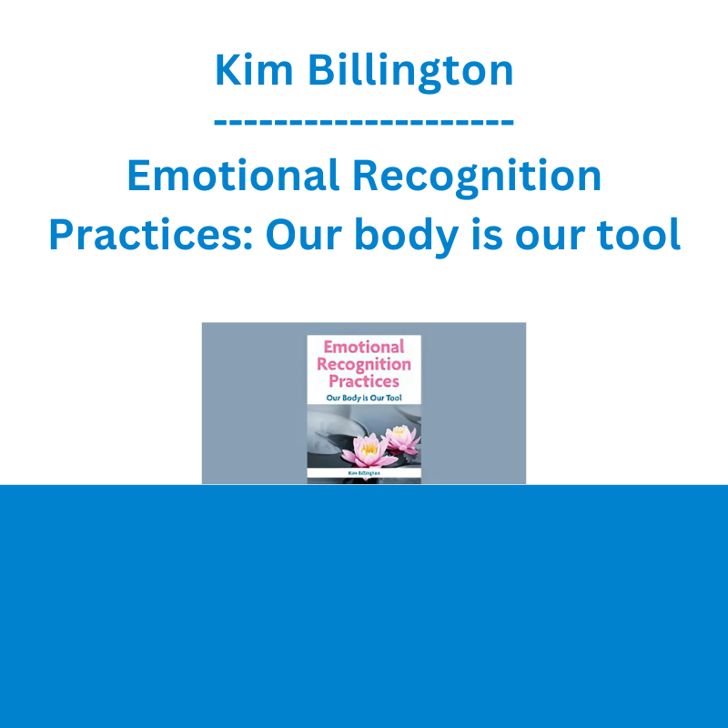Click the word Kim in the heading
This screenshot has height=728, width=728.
coord(254,70)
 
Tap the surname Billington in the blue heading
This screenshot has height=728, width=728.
coord(411,72)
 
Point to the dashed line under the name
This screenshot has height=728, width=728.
coord(364,123)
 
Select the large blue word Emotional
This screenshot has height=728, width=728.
coord(233,176)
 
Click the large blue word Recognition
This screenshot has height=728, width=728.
coord(477,178)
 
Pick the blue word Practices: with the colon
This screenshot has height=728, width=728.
coord(151,235)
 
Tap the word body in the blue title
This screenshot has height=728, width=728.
coord(407,237)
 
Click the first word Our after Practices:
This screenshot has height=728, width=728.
coord(304,235)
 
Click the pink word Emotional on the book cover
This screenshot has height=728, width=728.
coord(364,347)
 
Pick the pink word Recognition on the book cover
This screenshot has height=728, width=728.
coord(364,365)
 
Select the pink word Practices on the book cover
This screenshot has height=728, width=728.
coord(364,381)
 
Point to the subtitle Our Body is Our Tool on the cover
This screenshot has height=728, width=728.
coord(364,398)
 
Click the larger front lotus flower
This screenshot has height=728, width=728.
coord(370,450)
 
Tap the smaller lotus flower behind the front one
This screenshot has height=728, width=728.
coord(402,440)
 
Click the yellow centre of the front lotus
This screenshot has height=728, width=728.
coord(369,448)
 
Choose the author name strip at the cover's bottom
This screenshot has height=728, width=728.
coord(364,473)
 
